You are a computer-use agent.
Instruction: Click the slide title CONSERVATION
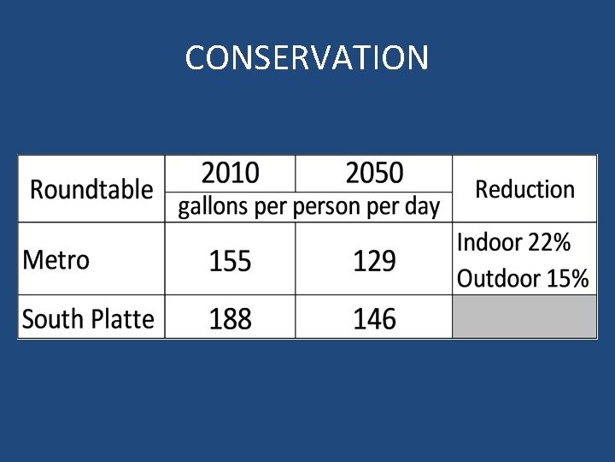307,58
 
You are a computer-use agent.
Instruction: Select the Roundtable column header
91,189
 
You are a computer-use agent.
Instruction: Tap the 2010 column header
230,174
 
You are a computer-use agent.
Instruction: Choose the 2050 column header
374,174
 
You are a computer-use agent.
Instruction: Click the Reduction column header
524,189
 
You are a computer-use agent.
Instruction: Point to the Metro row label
56,259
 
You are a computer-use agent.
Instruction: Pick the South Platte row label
88,319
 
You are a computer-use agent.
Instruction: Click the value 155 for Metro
230,261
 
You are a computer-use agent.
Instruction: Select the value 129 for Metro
374,261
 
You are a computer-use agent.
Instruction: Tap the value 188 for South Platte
230,319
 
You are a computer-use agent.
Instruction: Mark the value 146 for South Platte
374,319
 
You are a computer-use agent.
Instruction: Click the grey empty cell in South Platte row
524,317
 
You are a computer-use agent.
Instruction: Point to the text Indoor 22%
513,243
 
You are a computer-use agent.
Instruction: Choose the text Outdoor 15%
523,278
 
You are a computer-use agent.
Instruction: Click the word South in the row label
52,319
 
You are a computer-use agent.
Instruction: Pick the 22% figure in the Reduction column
548,243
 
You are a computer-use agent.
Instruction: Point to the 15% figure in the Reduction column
567,278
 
